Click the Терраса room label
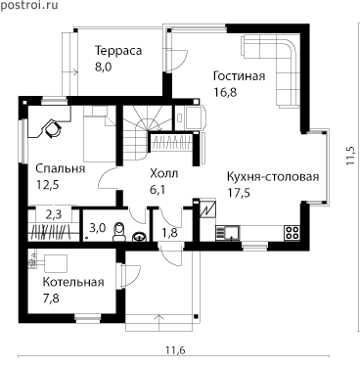click(118, 51)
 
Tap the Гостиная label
click(239, 76)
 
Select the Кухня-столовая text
click(273, 177)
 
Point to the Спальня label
click(61, 168)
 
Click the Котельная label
click(73, 282)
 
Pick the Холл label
click(164, 173)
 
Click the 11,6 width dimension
click(175, 350)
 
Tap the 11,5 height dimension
click(350, 156)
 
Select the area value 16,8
click(225, 92)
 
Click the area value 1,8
click(169, 233)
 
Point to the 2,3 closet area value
click(54, 214)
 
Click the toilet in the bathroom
click(119, 231)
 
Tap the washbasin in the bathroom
click(140, 236)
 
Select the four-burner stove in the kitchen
click(292, 233)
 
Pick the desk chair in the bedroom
click(53, 128)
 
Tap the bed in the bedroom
click(99, 134)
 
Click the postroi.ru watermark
click(29, 5)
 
